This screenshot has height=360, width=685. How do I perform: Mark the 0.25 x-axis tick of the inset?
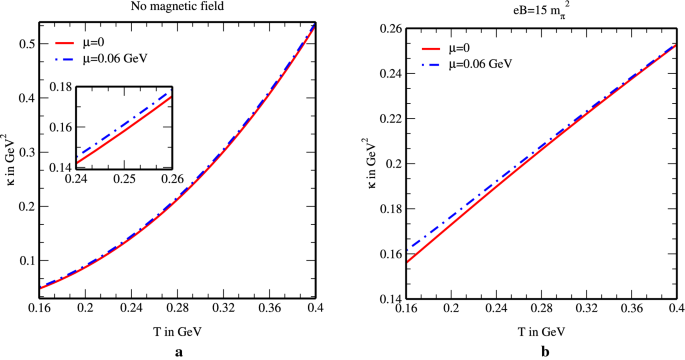pyautogui.click(x=124, y=177)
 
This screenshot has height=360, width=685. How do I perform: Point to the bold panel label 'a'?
pyautogui.click(x=179, y=352)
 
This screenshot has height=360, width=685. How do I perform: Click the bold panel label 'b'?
pyautogui.click(x=544, y=352)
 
